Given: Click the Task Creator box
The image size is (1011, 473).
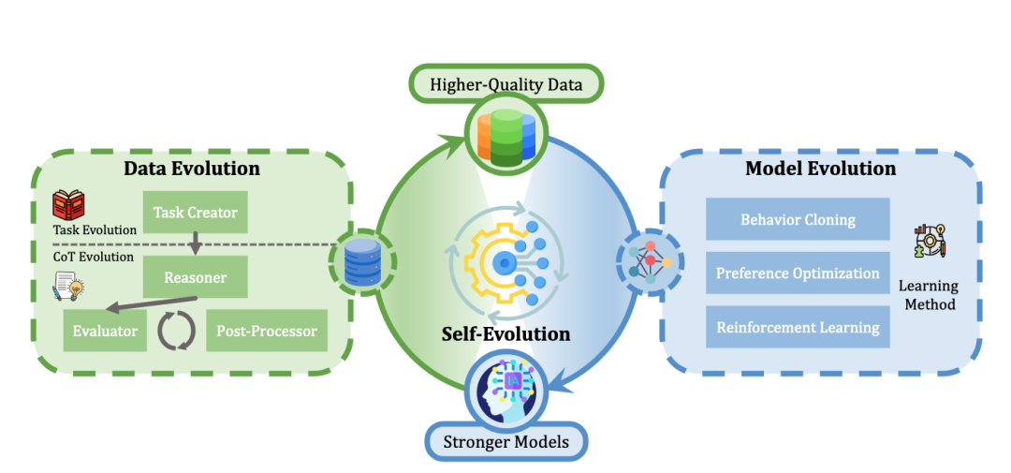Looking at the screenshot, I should coord(195,212).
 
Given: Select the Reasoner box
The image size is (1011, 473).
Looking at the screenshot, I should coord(195,278).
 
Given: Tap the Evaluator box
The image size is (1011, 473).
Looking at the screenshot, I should coord(105,331).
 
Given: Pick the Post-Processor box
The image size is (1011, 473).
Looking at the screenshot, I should coord(266,331).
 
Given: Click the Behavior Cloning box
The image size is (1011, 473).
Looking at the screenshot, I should coord(798,220).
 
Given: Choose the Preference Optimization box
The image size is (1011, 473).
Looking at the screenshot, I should coord(798,273).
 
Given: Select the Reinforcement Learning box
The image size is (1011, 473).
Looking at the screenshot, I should coord(798,328).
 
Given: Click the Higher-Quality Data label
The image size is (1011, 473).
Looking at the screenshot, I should coord(506,85).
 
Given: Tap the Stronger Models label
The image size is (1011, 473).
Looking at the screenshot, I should coord(506,441).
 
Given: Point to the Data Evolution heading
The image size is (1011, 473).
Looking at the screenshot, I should coord(192,169).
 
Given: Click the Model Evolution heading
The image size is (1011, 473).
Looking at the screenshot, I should coord(820,169).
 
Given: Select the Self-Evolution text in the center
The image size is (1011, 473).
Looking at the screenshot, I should coord(506,334).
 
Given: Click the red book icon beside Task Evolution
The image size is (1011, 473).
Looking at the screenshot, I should coord(68,205).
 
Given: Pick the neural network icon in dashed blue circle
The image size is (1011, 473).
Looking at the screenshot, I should coord(648,259).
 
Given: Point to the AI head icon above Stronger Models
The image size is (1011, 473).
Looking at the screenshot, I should coord(506,386).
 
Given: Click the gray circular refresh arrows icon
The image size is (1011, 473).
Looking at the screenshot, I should coord(175,331).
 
